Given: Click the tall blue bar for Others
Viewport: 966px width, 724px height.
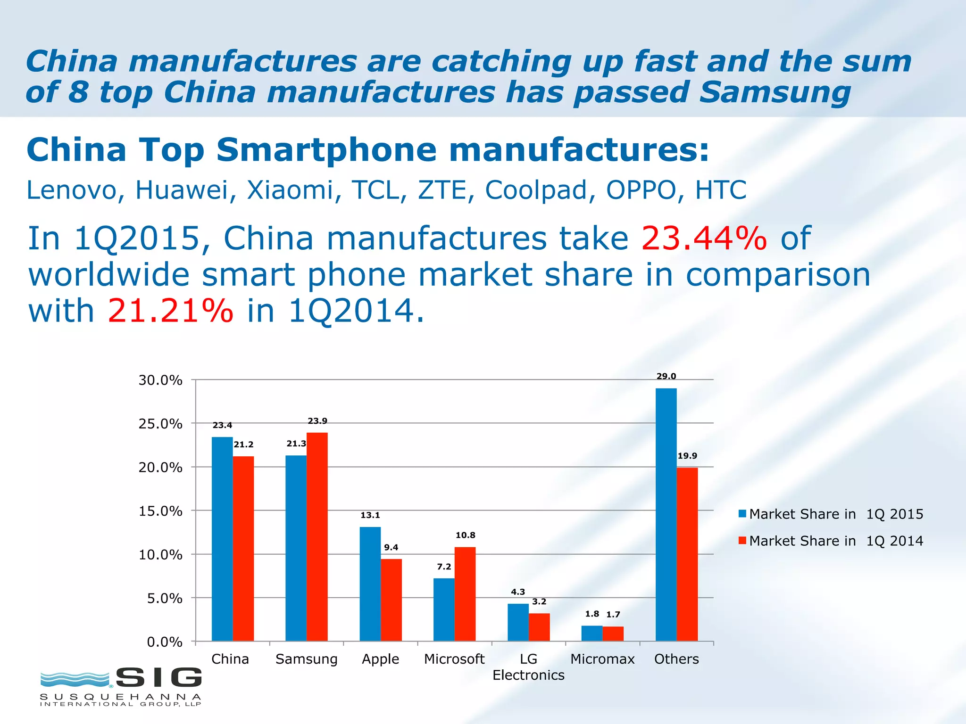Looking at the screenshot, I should point(666,514).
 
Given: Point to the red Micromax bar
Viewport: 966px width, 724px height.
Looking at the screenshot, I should point(613,633).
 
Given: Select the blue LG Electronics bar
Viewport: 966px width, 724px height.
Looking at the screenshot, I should point(518,622).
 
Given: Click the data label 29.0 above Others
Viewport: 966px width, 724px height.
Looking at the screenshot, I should point(666,376).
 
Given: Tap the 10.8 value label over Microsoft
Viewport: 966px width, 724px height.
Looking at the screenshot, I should point(465,535).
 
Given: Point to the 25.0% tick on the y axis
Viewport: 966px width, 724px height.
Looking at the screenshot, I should point(160,424).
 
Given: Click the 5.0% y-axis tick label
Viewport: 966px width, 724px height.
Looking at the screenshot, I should point(164,598).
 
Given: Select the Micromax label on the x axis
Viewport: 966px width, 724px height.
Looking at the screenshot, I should point(602,659).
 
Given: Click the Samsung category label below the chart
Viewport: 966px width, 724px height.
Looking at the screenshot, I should point(307,659).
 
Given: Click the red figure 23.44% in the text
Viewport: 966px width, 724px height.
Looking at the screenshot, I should point(704,238).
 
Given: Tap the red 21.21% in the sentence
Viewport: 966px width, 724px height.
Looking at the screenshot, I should point(170,311).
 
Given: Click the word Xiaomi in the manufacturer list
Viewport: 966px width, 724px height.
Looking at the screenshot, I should point(290,190).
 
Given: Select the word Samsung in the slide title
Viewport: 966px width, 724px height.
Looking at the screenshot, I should point(774,91).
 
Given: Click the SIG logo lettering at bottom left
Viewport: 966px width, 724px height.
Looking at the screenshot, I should point(159,678).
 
